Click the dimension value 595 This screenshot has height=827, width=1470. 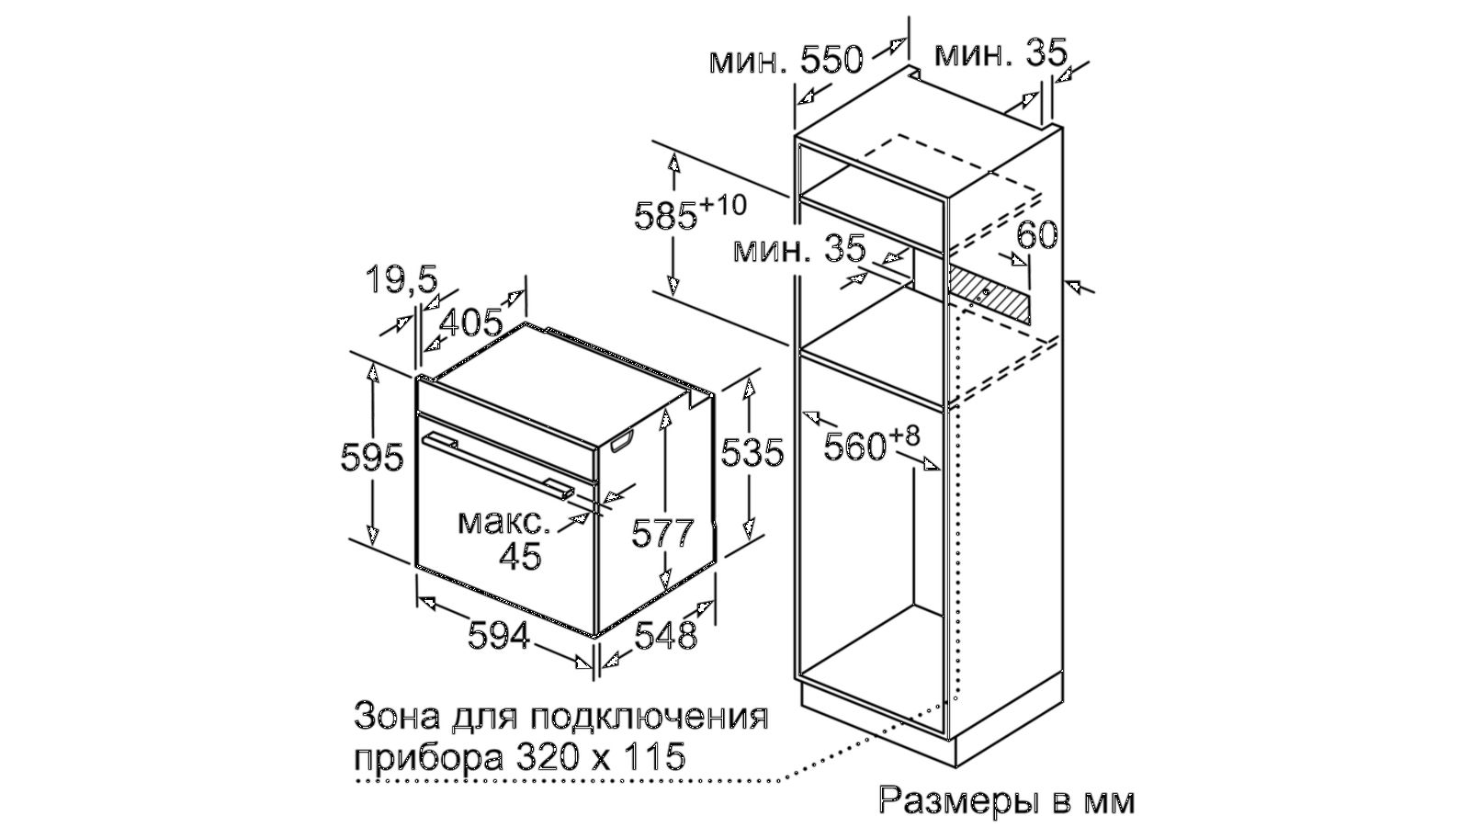coord(372,458)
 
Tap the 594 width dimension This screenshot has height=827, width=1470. coord(499,635)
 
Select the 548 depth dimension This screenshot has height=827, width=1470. coord(665,635)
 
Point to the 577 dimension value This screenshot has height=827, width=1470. coord(661,533)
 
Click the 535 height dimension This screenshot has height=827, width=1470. coord(752,452)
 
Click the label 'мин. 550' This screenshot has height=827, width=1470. coord(786,61)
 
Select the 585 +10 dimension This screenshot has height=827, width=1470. coord(690,212)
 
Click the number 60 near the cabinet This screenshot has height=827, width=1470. coord(1037,235)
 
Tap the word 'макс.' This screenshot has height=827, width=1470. coord(504,523)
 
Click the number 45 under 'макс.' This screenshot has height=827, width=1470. coord(520,557)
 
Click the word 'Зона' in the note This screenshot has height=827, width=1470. coord(396,717)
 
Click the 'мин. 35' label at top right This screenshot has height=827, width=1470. coord(1001,54)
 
